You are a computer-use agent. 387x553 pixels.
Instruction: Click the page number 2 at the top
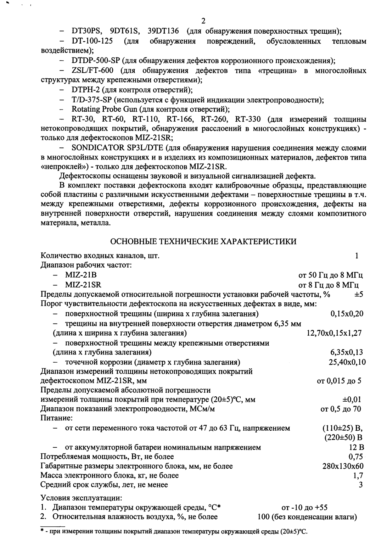click(203, 21)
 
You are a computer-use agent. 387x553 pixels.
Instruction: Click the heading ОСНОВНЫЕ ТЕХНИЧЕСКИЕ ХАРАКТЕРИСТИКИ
click(204, 242)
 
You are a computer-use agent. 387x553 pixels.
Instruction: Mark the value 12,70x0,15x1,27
click(334, 333)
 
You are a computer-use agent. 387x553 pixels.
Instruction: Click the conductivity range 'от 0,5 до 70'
click(341, 409)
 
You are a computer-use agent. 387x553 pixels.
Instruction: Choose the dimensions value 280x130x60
click(343, 466)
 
